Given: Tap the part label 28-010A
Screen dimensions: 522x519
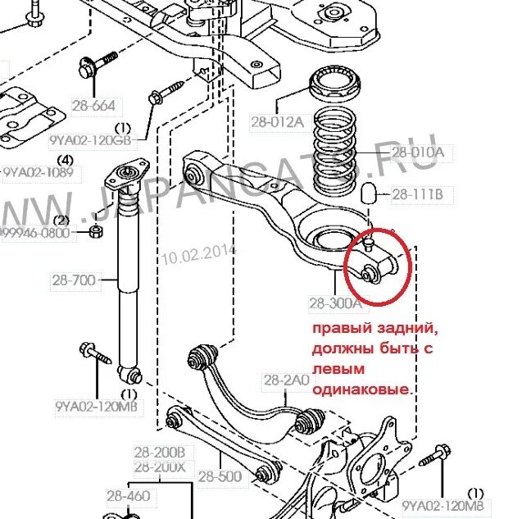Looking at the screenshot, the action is point(417,152).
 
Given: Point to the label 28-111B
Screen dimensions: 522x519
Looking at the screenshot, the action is point(417,194).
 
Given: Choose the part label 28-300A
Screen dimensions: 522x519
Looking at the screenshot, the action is point(335,303).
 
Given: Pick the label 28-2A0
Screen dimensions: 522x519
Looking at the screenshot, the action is point(286,380).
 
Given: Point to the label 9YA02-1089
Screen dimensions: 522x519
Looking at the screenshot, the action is point(38,172).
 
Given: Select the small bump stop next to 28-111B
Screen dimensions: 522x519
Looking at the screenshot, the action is point(370,193).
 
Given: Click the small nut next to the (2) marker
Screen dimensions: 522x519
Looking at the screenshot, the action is point(95,232).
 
